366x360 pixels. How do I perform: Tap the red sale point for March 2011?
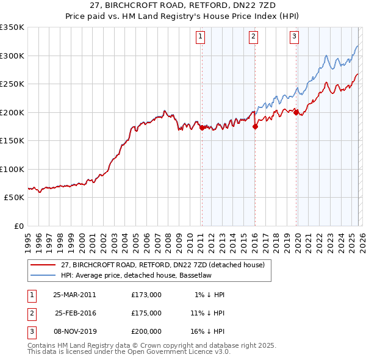pyautogui.click(x=202, y=128)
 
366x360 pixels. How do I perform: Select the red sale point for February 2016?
pyautogui.click(x=255, y=126)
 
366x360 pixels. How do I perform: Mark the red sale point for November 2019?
pyautogui.click(x=296, y=112)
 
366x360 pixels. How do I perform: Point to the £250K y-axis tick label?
pyautogui.click(x=12, y=84)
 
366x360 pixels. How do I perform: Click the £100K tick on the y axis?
pyautogui.click(x=12, y=169)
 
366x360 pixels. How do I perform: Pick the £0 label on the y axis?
pyautogui.click(x=18, y=226)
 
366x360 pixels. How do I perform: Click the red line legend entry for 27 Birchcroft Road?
pyautogui.click(x=162, y=265)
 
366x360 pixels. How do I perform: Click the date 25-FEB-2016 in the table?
pyautogui.click(x=74, y=313)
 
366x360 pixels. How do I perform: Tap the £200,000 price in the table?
pyautogui.click(x=146, y=331)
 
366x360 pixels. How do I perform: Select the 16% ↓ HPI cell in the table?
pyautogui.click(x=207, y=331)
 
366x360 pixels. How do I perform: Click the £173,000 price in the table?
pyautogui.click(x=146, y=295)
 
